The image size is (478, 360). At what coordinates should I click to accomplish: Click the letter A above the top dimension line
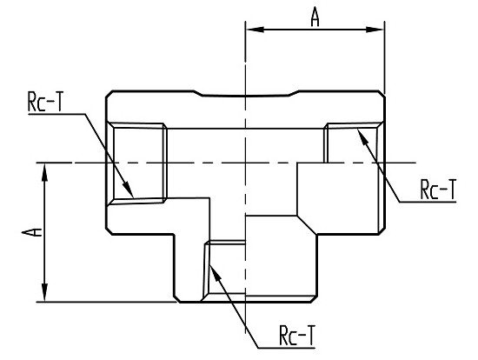tap(315, 17)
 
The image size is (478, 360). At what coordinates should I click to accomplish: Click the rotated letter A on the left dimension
tap(32, 232)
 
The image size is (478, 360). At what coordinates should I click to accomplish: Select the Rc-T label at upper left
tap(45, 102)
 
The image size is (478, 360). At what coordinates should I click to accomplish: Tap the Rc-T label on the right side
tap(438, 190)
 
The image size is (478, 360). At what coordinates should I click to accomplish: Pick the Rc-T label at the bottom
tap(297, 336)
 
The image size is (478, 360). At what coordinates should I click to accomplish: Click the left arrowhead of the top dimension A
tap(255, 30)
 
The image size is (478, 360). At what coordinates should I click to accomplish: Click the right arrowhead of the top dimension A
tap(375, 30)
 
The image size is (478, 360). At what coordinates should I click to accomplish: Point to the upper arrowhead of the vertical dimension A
tap(45, 172)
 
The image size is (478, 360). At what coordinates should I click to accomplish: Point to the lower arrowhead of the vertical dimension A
tap(45, 293)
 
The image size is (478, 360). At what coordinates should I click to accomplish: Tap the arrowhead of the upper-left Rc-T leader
tap(129, 190)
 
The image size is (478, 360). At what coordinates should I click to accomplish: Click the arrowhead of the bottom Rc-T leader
tap(215, 274)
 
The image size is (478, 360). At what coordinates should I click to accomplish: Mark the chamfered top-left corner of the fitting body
tap(110, 94)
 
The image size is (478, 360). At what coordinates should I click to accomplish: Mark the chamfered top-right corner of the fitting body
tap(382, 94)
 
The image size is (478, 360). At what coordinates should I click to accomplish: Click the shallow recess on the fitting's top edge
tap(245, 94)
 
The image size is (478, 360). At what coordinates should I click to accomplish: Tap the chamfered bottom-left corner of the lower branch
tap(177, 299)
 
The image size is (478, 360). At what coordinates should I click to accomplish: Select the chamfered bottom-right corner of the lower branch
tap(314, 299)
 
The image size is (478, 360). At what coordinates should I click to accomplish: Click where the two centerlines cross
tap(245, 163)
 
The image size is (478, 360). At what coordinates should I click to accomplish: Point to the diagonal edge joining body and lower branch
tap(307, 225)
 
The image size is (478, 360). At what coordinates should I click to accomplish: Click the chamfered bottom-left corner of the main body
tap(110, 231)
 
